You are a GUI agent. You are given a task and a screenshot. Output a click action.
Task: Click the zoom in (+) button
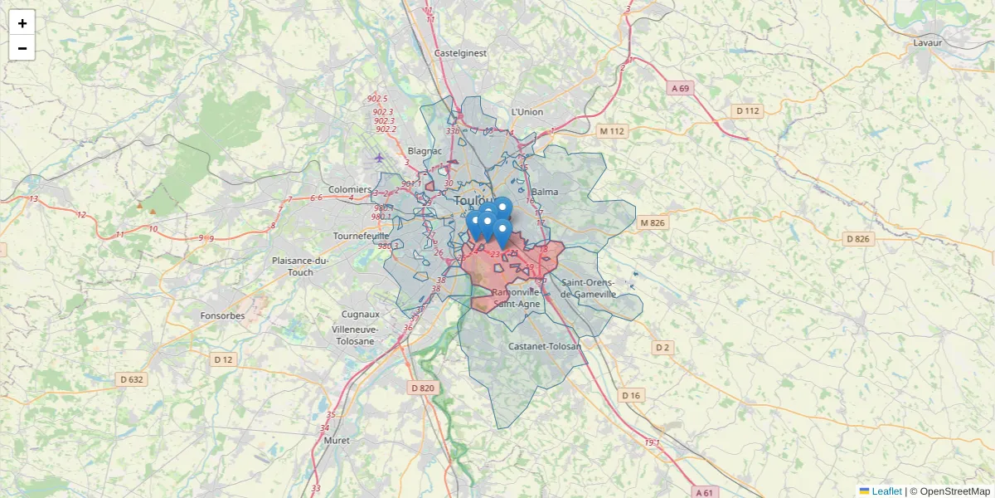point(22,23)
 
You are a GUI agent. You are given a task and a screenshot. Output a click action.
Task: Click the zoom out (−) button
point(22,48)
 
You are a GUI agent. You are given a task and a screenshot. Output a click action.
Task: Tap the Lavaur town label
point(929,42)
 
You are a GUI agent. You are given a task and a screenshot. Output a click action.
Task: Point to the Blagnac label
point(425,151)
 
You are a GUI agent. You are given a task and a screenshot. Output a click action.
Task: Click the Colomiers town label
point(349,189)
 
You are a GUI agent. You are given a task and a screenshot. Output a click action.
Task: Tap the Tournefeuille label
point(361,236)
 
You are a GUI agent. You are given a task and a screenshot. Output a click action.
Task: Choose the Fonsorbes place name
point(222,315)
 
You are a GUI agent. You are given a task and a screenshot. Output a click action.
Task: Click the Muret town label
point(337,440)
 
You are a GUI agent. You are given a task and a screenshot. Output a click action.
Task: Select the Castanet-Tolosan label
point(545,345)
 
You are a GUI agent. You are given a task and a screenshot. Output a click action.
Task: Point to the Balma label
point(545,192)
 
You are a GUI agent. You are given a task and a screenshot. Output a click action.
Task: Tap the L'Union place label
point(527,112)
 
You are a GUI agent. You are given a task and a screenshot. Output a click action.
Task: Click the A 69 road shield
point(681,87)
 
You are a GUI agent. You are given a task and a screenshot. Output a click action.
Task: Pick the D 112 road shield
point(747,110)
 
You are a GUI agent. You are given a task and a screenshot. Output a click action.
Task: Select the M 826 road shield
point(653,222)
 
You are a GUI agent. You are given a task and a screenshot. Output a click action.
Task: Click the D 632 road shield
point(132,379)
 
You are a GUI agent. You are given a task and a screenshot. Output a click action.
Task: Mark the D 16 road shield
point(632,395)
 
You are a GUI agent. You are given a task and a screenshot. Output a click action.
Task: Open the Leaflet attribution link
point(886,491)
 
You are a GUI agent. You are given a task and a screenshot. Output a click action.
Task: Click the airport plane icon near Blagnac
point(379,158)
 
